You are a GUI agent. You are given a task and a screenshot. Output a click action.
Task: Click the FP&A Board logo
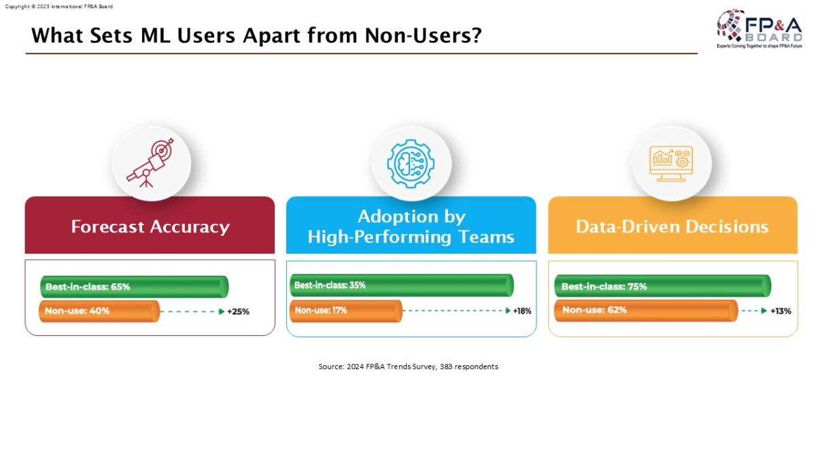pos(759,29)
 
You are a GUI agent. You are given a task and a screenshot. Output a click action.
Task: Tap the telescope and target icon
pos(150,163)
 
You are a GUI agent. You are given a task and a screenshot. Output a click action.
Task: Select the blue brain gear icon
pos(411,164)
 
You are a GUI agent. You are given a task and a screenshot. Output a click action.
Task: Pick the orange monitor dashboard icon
pos(671,164)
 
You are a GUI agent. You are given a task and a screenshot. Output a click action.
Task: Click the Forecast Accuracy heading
pos(150,226)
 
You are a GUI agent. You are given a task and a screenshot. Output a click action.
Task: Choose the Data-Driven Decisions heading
pos(672,226)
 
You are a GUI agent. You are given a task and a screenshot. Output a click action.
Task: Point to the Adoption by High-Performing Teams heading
pos(411,226)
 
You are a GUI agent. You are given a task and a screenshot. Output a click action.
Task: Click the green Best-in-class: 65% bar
pos(135,287)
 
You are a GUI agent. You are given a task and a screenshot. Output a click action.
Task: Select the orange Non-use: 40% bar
pos(99,311)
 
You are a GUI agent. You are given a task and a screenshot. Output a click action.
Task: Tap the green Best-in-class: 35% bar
pos(402,285)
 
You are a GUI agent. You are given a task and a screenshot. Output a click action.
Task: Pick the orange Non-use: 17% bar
pos(346,311)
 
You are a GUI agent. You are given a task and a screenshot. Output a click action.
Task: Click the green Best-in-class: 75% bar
pos(662,286)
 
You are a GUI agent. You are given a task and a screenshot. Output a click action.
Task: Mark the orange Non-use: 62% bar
pos(646,310)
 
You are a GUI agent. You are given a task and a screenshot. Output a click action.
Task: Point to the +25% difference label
pos(238,311)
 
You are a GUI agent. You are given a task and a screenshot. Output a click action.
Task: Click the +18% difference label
pos(522,311)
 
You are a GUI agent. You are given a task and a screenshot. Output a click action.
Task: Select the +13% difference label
pos(781,311)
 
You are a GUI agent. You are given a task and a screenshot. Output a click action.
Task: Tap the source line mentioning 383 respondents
pos(409,367)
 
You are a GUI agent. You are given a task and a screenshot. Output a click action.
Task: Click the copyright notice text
pos(58,7)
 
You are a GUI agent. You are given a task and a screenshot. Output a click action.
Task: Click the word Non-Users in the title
pos(423,35)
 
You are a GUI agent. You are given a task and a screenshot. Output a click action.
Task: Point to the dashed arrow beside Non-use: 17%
pos(457,311)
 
